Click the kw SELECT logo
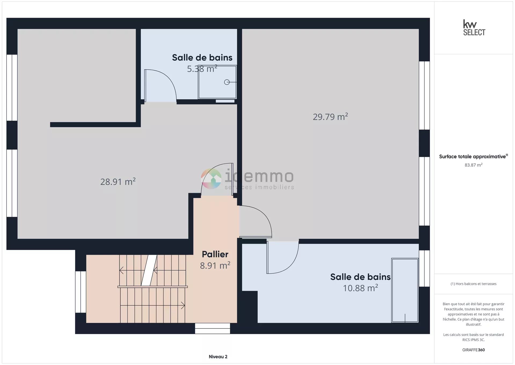tap(474, 27)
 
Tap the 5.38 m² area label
tap(202, 69)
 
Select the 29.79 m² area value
tap(330, 117)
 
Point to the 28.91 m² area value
tap(118, 182)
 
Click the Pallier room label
tap(215, 254)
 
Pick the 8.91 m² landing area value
tap(215, 266)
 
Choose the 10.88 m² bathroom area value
tap(360, 288)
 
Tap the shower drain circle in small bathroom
tap(227, 82)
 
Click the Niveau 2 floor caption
tap(218, 357)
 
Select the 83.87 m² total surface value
tap(473, 165)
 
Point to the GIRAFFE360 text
tap(473, 350)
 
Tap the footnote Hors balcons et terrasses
tap(473, 284)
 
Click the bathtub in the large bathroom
tap(405, 290)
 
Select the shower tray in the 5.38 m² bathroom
tap(217, 82)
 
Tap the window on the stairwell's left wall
tap(81, 292)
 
